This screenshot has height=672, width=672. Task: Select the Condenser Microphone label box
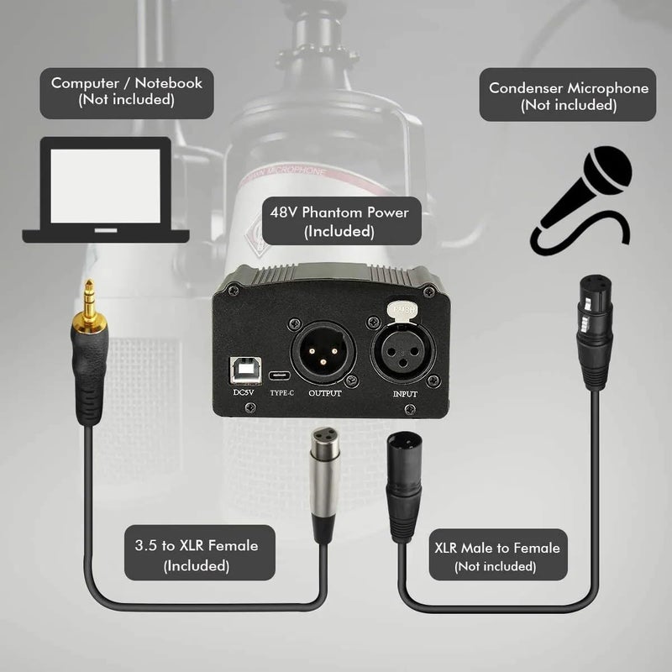point(569,95)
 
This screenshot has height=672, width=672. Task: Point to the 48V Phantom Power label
point(339,221)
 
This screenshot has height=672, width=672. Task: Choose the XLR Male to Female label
point(495,556)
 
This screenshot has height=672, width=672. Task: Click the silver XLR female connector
point(325,479)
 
